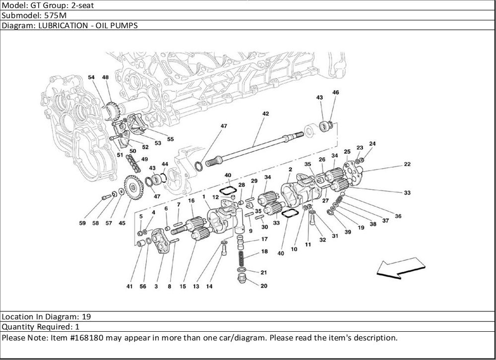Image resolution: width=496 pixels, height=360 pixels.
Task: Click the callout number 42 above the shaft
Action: click(265, 114)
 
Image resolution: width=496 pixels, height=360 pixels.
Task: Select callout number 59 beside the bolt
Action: click(82, 223)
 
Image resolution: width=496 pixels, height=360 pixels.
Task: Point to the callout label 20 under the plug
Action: click(263, 286)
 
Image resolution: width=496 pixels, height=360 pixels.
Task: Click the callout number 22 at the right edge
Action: click(407, 164)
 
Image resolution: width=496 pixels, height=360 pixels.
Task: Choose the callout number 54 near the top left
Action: click(91, 77)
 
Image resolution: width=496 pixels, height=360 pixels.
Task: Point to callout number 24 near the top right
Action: click(372, 144)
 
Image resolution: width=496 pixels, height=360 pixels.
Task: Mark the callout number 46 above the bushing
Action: click(336, 92)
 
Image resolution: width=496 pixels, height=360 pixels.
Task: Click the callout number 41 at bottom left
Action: click(129, 286)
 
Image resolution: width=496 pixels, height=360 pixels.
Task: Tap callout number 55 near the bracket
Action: click(170, 139)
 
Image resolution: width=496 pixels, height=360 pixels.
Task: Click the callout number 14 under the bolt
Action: click(209, 286)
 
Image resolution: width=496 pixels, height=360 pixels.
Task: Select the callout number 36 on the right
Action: click(398, 216)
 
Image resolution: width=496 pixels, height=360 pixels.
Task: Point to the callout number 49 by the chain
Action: click(145, 159)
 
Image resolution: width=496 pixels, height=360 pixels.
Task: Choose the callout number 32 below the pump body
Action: click(322, 240)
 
